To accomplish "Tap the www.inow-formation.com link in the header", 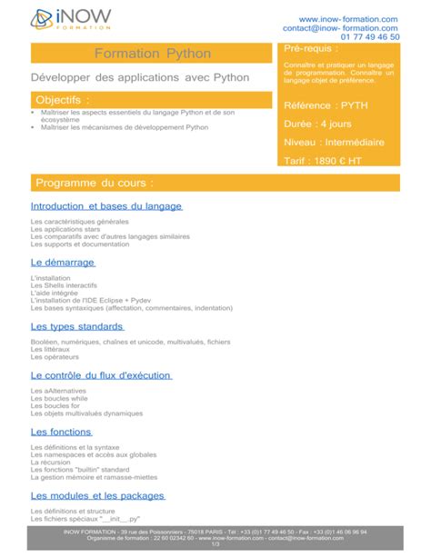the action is point(348,19).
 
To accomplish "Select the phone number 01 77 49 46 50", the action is point(369,37).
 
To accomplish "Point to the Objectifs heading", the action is point(63,99).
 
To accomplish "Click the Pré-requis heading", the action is point(311,47).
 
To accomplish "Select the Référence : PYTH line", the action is point(326,106).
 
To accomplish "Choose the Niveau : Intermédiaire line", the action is point(334,143).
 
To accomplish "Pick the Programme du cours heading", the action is point(101,183).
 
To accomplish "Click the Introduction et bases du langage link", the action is point(106,206).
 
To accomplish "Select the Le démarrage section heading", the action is point(63,262).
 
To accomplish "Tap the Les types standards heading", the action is point(76,325).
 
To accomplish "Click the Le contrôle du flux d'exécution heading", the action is point(101,374).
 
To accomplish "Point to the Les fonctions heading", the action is point(61,432).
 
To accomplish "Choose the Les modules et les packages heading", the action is point(97,495).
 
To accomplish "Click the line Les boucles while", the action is point(59,398).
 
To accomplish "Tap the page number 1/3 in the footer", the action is point(215,544).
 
